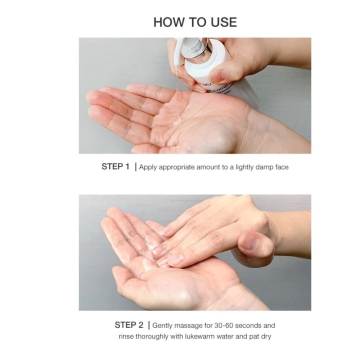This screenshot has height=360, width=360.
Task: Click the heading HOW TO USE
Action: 195,22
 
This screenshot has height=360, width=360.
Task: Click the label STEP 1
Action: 115,167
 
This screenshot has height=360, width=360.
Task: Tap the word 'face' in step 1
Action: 281,167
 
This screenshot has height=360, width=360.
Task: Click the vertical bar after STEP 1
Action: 135,167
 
